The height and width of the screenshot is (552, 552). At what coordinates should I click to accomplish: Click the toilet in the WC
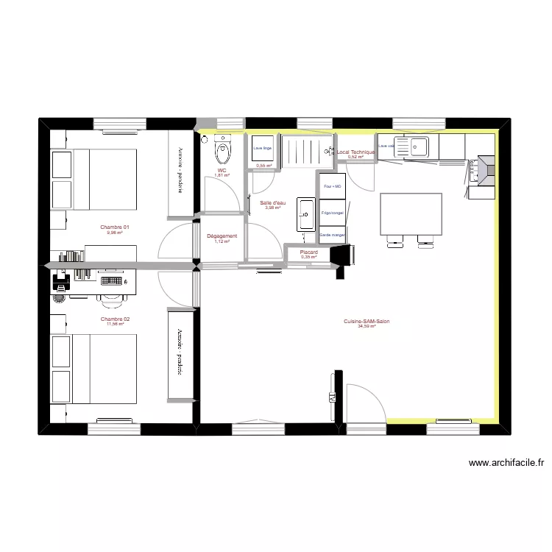222,152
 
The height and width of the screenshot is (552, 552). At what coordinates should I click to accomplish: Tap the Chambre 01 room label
115,227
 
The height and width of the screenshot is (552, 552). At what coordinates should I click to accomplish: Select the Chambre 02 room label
115,319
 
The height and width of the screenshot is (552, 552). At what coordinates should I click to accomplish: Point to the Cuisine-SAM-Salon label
366,321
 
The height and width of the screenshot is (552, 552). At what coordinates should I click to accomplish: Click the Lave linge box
262,148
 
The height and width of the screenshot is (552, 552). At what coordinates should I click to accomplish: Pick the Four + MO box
333,187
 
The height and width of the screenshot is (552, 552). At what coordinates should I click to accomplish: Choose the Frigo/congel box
333,213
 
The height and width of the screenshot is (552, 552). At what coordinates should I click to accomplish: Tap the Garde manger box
333,235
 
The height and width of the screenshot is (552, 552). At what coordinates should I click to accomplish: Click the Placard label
308,252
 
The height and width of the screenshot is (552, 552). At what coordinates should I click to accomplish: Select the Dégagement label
222,236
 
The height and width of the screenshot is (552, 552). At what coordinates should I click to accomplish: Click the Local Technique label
356,152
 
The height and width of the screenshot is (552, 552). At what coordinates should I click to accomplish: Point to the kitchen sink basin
419,147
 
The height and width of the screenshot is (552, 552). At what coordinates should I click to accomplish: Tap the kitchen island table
410,214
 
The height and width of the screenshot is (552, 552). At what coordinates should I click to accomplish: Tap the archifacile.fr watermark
506,463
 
